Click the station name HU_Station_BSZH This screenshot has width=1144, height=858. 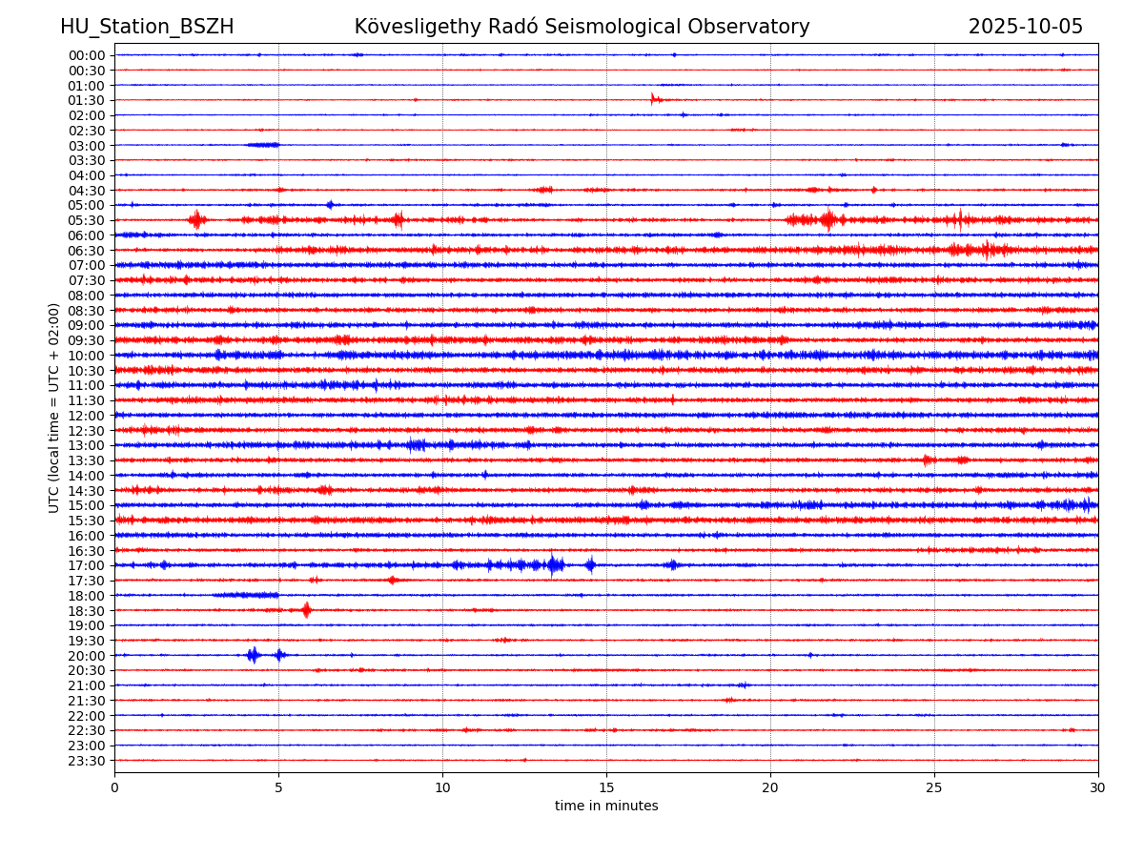pyautogui.click(x=147, y=27)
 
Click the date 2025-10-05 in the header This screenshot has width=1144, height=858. pyautogui.click(x=1025, y=27)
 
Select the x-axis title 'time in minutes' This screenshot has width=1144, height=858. pyautogui.click(x=606, y=807)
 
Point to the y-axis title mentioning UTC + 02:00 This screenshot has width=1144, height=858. pyautogui.click(x=54, y=407)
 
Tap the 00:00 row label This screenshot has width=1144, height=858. pyautogui.click(x=87, y=55)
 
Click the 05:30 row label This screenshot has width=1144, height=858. pyautogui.click(x=87, y=220)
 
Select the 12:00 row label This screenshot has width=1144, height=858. pyautogui.click(x=87, y=416)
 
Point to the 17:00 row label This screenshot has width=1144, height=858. pyautogui.click(x=87, y=565)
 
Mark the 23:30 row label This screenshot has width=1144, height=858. pyautogui.click(x=87, y=761)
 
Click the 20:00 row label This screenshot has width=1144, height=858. pyautogui.click(x=87, y=656)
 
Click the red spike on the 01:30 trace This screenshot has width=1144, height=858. pyautogui.click(x=653, y=99)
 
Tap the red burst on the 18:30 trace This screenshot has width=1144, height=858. pyautogui.click(x=306, y=610)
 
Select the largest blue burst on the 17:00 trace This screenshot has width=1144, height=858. pyautogui.click(x=555, y=565)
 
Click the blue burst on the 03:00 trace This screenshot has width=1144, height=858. pyautogui.click(x=263, y=145)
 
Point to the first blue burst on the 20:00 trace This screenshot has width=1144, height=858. pyautogui.click(x=253, y=655)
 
